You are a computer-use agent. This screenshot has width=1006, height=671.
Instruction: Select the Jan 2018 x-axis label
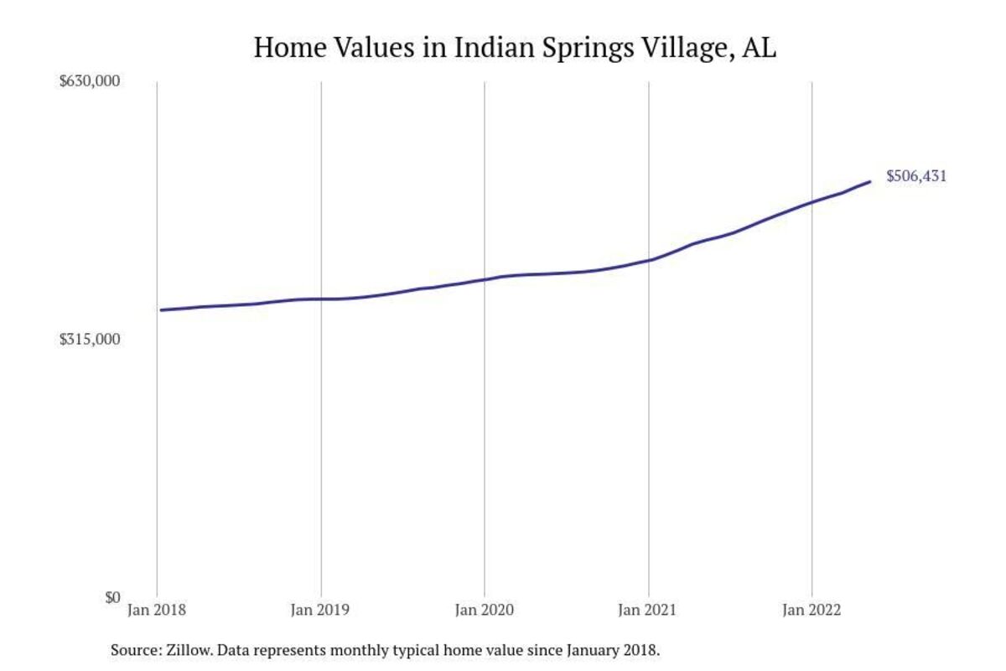(x=157, y=611)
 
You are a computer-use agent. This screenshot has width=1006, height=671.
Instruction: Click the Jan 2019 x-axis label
(x=321, y=611)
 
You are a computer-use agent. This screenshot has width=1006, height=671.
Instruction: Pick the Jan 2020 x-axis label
(x=485, y=611)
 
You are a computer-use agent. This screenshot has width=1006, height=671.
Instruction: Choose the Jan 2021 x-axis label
(x=648, y=611)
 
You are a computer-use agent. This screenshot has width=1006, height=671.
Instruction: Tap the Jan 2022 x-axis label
(x=812, y=611)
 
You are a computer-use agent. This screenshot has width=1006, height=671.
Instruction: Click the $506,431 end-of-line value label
(x=916, y=177)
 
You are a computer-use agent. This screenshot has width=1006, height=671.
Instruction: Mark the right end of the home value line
(x=869, y=181)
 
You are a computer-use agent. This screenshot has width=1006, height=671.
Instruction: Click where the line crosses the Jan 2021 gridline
(x=649, y=260)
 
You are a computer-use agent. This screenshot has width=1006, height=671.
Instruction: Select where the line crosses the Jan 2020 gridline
(x=485, y=279)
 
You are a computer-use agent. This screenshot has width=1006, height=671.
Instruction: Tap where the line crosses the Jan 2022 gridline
(x=812, y=202)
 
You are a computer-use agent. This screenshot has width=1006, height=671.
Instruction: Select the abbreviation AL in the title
(x=760, y=48)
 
